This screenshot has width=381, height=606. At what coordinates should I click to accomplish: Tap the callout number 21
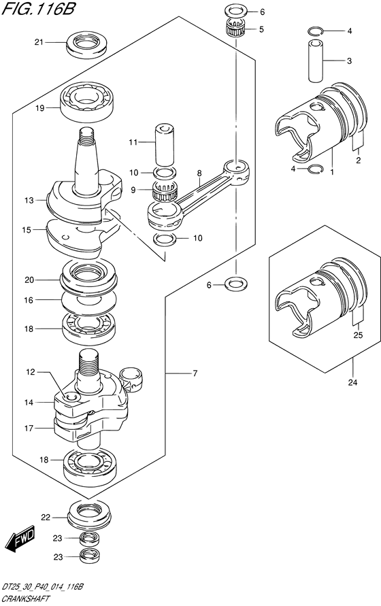click(39, 42)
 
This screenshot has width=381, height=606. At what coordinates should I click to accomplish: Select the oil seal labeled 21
click(86, 44)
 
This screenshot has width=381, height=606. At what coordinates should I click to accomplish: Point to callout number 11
click(133, 143)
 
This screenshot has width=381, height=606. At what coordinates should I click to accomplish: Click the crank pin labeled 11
click(165, 144)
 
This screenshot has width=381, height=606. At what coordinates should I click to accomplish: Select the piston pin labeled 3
click(316, 61)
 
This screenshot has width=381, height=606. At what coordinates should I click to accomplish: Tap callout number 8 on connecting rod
click(199, 173)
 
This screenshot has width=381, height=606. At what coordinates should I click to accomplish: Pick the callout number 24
click(352, 383)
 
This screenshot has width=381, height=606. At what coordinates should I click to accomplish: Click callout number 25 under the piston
click(358, 335)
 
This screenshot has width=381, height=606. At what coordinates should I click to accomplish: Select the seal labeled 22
click(89, 515)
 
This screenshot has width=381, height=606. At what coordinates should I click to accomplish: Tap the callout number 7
click(195, 373)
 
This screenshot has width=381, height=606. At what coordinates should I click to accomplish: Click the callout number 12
click(31, 372)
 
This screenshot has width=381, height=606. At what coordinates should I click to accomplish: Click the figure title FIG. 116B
click(38, 9)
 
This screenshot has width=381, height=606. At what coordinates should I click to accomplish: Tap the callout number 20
click(29, 280)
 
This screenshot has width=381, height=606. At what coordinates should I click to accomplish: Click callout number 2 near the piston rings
click(358, 160)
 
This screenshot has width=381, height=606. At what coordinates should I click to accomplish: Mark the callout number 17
click(29, 428)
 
